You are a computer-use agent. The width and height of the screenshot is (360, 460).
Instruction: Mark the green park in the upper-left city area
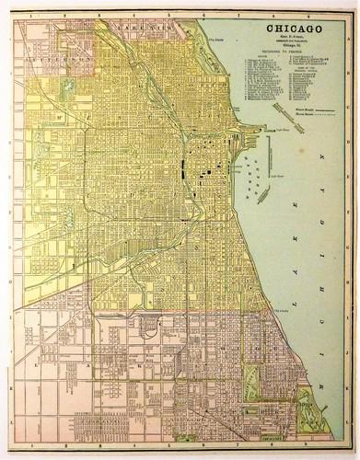66,90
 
